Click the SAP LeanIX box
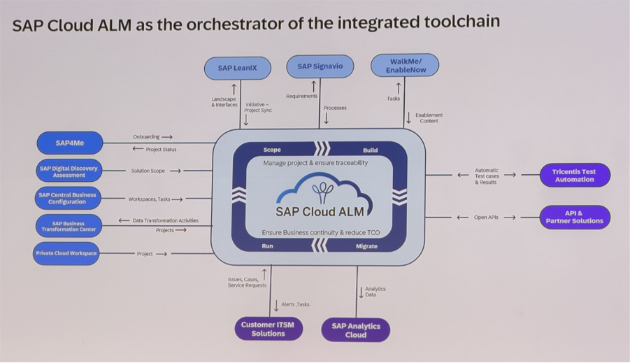click(x=238, y=68)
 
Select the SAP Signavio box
click(x=320, y=66)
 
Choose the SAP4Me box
click(x=70, y=143)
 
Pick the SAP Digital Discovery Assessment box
click(x=69, y=171)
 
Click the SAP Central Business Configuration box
click(x=68, y=198)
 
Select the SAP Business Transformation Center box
click(x=68, y=226)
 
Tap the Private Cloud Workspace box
click(x=67, y=253)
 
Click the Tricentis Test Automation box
click(x=575, y=175)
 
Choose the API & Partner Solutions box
click(x=575, y=217)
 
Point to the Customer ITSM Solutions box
click(x=269, y=329)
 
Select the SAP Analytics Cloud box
click(x=356, y=329)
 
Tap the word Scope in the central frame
click(x=272, y=150)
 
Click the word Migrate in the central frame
click(x=366, y=246)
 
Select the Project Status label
click(x=161, y=149)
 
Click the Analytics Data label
click(x=375, y=292)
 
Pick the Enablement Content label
click(x=429, y=118)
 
